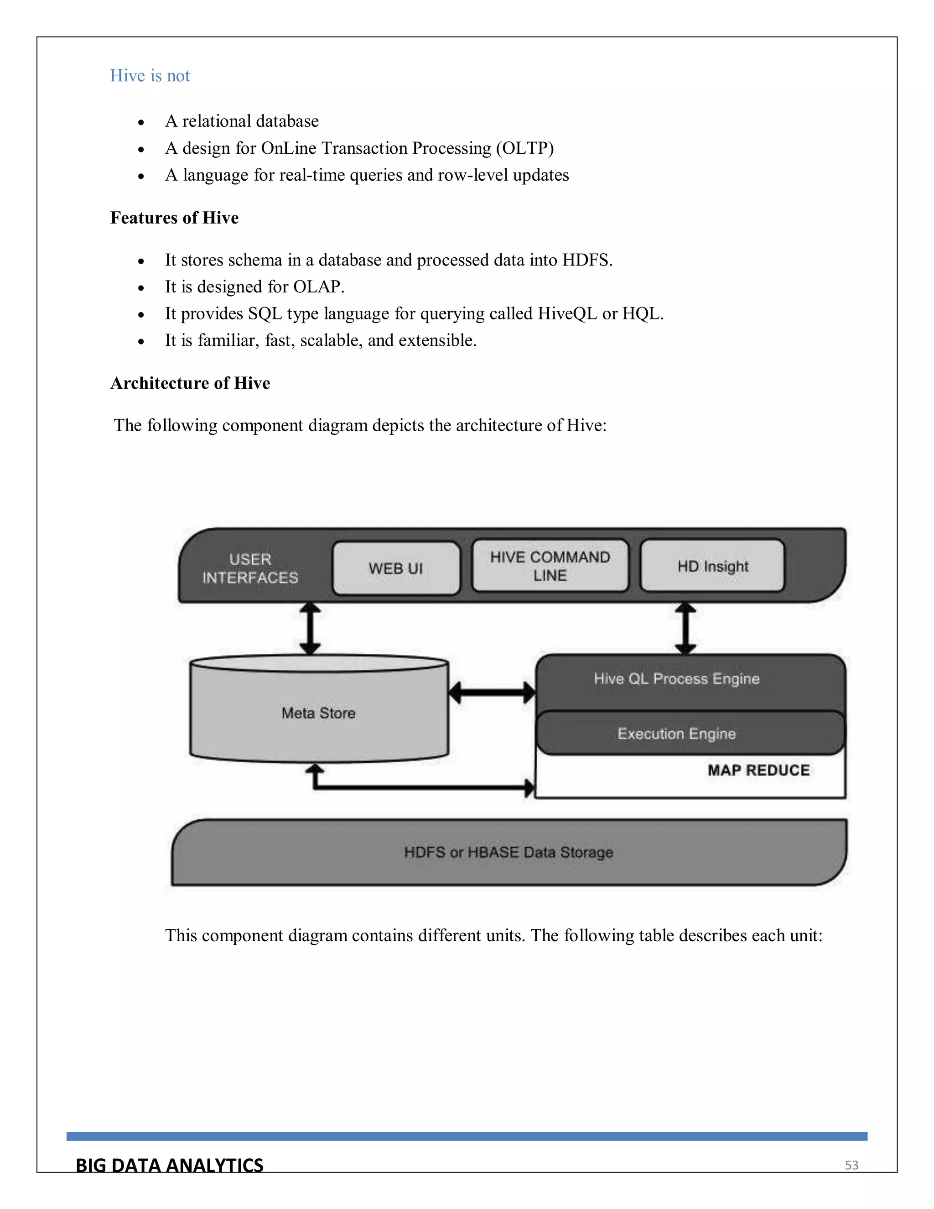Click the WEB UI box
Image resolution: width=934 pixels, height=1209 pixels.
tap(395, 568)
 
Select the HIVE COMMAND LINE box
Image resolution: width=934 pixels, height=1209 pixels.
tap(550, 566)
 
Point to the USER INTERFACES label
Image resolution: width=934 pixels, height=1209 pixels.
tap(250, 568)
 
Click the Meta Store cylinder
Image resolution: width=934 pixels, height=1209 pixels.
tap(319, 713)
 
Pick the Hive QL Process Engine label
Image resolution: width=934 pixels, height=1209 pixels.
tap(676, 679)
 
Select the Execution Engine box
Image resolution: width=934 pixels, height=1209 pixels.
tap(676, 734)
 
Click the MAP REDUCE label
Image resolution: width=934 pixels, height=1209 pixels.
tap(758, 770)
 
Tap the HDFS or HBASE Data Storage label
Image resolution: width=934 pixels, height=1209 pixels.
tap(509, 852)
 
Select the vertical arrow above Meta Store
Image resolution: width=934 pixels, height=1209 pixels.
tap(310, 629)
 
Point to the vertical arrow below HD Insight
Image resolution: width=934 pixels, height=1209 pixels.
tap(685, 629)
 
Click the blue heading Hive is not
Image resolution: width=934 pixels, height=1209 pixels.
tap(150, 75)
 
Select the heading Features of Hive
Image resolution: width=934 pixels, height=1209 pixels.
tap(174, 218)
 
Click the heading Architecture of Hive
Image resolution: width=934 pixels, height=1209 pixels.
tap(190, 383)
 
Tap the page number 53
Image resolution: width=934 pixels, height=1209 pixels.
tap(851, 1165)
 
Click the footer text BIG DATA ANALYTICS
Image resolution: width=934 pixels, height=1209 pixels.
tap(169, 1165)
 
